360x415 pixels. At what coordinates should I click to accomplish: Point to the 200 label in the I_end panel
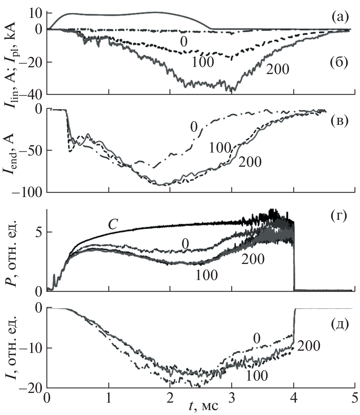tap(250, 162)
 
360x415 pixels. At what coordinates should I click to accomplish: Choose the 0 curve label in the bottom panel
tap(256, 338)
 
